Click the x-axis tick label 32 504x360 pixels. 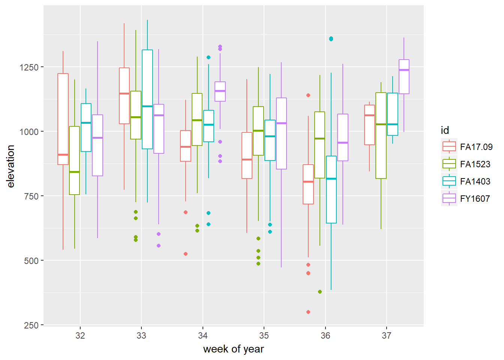[80, 336]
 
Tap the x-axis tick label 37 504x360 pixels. [386, 336]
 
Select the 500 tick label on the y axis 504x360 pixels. [31, 261]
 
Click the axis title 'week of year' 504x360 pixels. [233, 349]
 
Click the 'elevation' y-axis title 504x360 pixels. [10, 166]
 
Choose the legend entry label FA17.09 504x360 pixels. [476, 147]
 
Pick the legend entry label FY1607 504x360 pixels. [475, 199]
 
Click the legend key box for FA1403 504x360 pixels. [449, 181]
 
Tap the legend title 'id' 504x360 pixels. [445, 130]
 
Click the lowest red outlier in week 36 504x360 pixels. [308, 312]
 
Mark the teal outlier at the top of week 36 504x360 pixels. [331, 39]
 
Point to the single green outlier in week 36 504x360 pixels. [320, 292]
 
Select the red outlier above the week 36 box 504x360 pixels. [308, 95]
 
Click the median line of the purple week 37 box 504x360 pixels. [404, 70]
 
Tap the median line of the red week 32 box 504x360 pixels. [63, 154]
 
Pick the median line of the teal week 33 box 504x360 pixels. [147, 106]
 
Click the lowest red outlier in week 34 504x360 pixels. [186, 254]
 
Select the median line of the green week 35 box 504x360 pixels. [258, 131]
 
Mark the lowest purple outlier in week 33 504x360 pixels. [159, 246]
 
